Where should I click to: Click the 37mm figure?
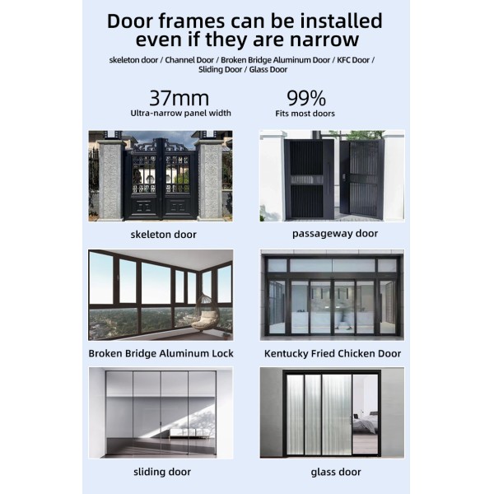(x=179, y=98)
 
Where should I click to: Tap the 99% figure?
(x=306, y=98)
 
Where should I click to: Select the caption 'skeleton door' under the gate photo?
(x=164, y=235)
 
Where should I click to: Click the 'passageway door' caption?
(x=335, y=234)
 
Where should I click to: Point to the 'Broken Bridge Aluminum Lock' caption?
(x=161, y=353)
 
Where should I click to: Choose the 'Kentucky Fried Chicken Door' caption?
(x=333, y=353)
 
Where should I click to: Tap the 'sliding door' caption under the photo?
(x=162, y=472)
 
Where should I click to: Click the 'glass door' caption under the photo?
(x=336, y=472)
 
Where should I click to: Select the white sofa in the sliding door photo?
(x=189, y=433)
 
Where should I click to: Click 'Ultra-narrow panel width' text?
(x=180, y=113)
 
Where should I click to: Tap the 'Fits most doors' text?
(x=305, y=114)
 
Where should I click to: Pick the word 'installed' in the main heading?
(x=341, y=21)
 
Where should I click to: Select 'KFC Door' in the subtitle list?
(x=353, y=60)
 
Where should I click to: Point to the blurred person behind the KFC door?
(x=344, y=315)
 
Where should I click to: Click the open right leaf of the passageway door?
(x=362, y=179)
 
